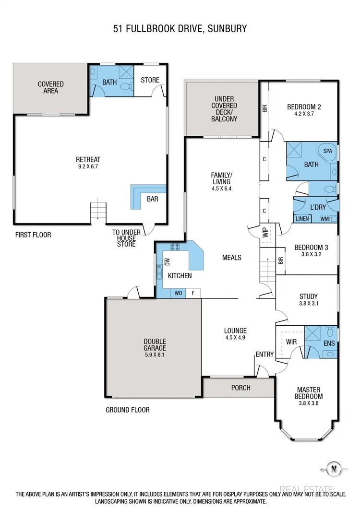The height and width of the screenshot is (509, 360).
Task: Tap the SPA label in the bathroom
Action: pyautogui.click(x=327, y=151)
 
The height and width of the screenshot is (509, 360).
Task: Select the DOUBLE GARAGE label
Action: pyautogui.click(x=155, y=345)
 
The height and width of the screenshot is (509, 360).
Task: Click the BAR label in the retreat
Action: pyautogui.click(x=153, y=199)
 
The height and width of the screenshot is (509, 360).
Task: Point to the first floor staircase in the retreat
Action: pyautogui.click(x=97, y=211)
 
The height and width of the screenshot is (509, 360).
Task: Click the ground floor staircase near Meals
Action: pyautogui.click(x=266, y=272)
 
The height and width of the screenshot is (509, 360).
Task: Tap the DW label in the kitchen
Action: pyautogui.click(x=168, y=261)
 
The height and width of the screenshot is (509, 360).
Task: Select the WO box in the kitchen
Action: pyautogui.click(x=178, y=293)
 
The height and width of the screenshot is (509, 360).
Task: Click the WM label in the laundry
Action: pyautogui.click(x=324, y=219)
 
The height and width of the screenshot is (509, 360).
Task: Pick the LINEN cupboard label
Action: pyautogui.click(x=302, y=219)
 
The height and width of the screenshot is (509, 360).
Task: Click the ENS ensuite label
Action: pyautogui.click(x=329, y=343)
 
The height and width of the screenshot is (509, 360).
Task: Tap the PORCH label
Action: pyautogui.click(x=240, y=387)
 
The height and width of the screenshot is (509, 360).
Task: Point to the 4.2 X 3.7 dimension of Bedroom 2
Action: pyautogui.click(x=303, y=114)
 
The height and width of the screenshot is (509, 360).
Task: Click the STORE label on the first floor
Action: pyautogui.click(x=150, y=80)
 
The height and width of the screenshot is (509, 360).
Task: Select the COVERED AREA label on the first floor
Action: pyautogui.click(x=51, y=87)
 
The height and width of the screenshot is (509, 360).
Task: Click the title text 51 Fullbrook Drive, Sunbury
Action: pyautogui.click(x=180, y=29)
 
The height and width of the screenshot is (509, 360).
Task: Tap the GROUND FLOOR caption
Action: pyautogui.click(x=127, y=410)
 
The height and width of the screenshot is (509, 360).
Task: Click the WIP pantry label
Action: pyautogui.click(x=264, y=233)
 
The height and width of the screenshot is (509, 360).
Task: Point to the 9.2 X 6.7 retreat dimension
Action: pyautogui.click(x=88, y=167)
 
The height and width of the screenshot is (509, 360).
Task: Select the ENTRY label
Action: pyautogui.click(x=264, y=355)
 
